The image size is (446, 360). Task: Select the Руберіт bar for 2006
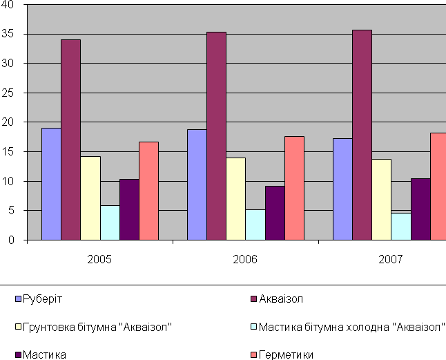197,184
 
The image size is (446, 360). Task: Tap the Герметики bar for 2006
294,188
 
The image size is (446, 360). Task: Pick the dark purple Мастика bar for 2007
420,209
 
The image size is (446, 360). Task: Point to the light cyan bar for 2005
110,222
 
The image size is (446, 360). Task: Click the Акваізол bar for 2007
362,135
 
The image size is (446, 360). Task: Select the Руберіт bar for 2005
51,184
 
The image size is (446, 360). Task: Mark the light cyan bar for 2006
255,225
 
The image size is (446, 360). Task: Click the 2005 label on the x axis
99,260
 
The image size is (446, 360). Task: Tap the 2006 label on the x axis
245,260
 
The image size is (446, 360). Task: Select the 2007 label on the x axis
391,260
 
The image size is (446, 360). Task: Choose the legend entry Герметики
285,355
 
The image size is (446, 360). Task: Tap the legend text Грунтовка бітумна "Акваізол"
97,327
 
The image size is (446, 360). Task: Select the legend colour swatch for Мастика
17,355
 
